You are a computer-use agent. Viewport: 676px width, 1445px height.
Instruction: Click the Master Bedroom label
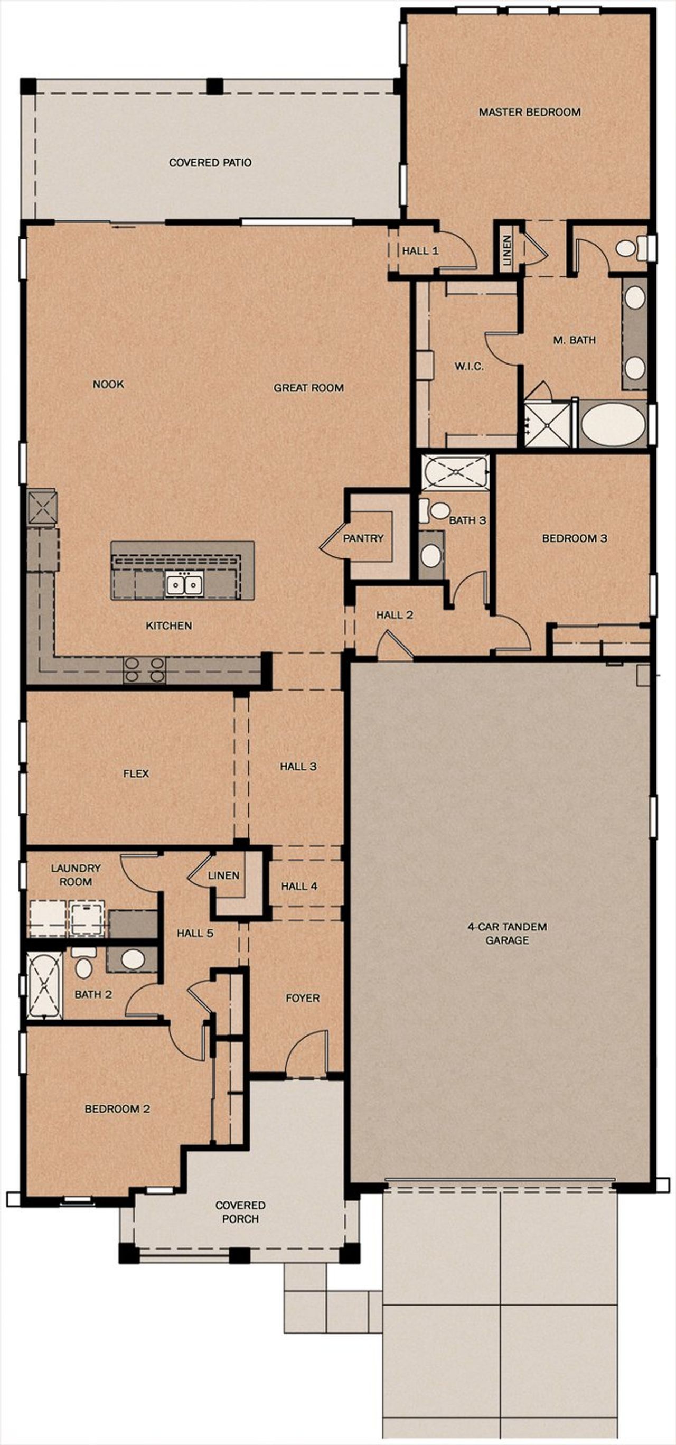click(x=529, y=112)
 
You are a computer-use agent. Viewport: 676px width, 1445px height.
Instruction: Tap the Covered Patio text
click(x=210, y=163)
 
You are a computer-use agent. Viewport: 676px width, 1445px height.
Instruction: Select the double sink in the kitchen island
click(x=183, y=585)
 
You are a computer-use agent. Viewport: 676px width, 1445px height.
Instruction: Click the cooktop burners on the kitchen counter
click(x=145, y=669)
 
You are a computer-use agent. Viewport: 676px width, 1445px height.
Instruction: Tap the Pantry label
click(x=363, y=538)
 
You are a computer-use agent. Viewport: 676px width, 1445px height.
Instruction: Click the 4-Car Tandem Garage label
click(x=506, y=934)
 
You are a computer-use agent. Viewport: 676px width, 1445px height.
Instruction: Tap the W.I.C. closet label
click(x=468, y=366)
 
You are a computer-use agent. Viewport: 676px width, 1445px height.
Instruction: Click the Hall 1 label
click(x=420, y=251)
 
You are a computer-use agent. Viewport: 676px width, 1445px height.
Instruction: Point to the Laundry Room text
click(x=76, y=874)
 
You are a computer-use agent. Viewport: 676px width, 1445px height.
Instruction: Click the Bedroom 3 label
click(x=574, y=538)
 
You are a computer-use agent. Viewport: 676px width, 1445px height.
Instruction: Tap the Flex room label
click(x=136, y=773)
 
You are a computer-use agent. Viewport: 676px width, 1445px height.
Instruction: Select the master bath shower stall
click(x=547, y=424)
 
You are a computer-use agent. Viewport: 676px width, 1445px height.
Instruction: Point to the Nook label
click(x=108, y=384)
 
